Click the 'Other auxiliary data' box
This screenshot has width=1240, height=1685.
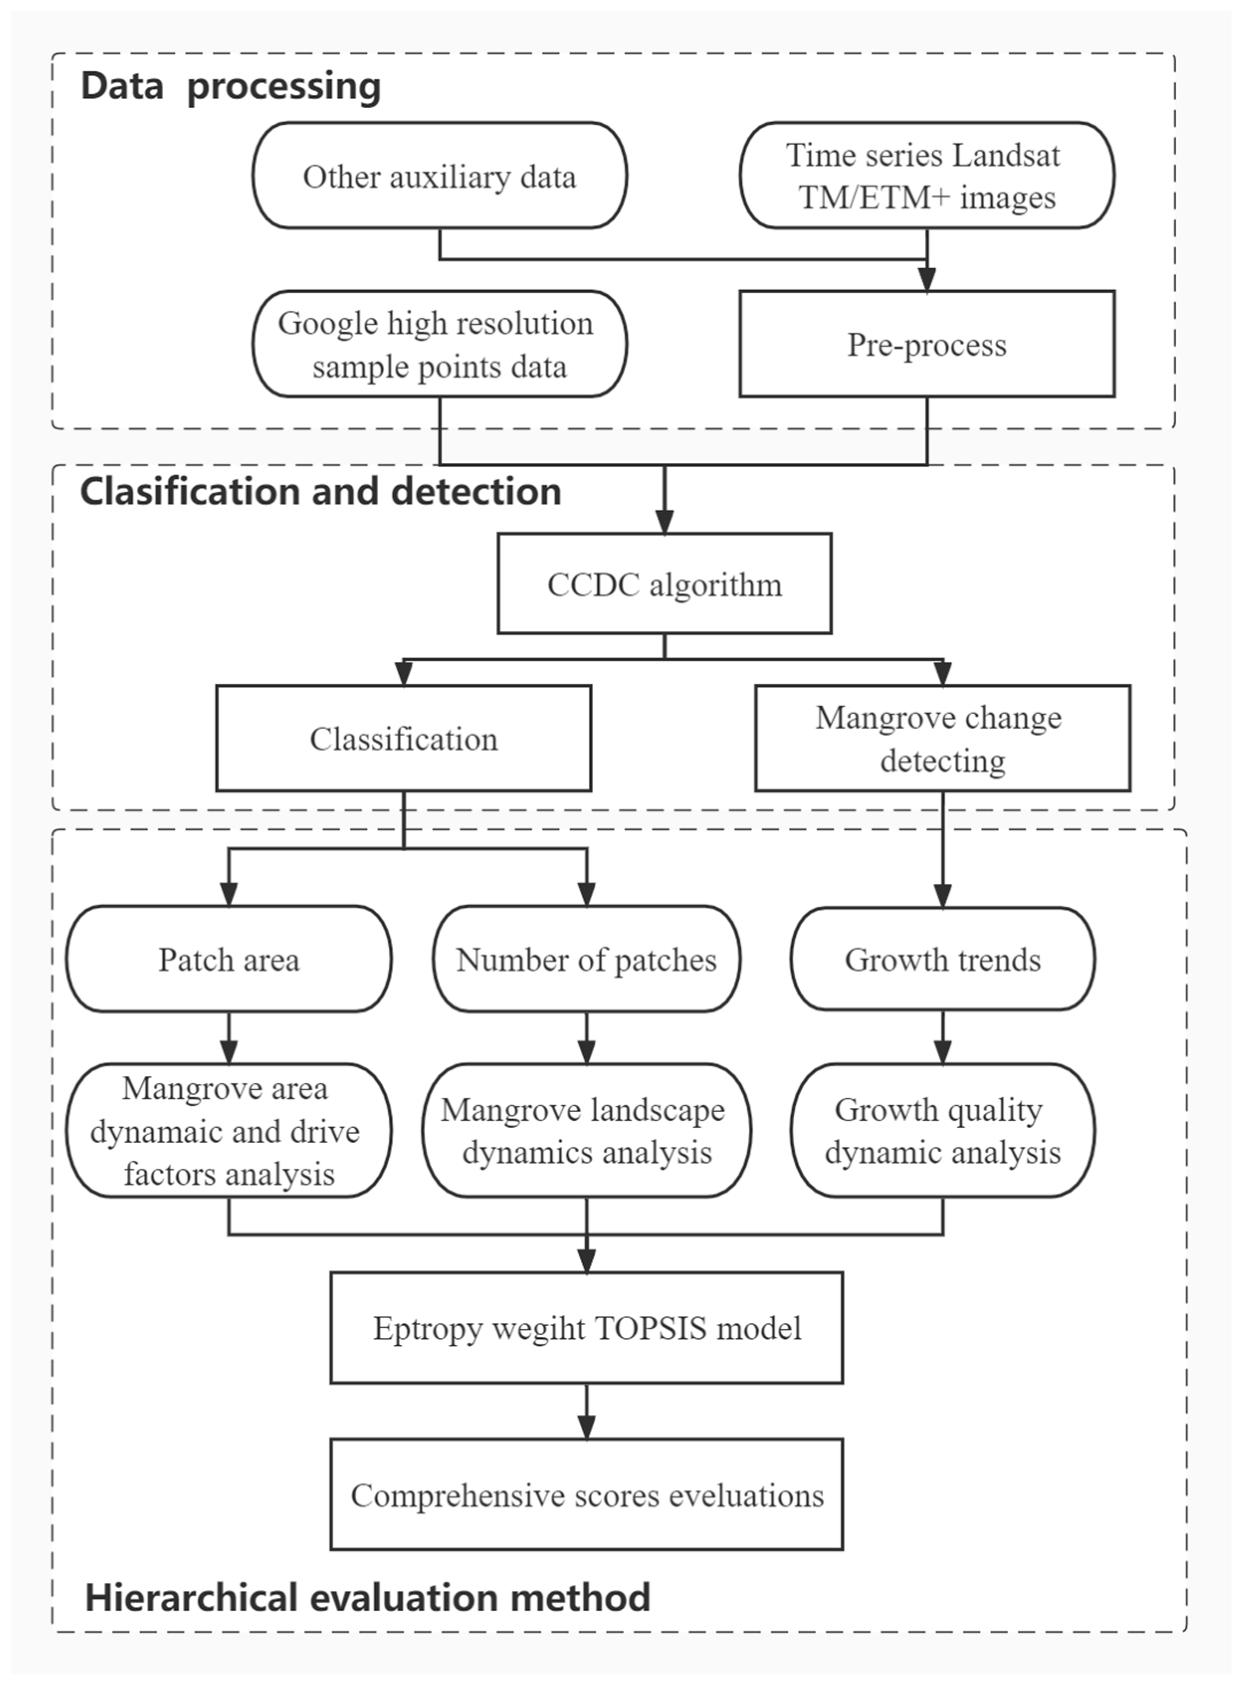tap(439, 176)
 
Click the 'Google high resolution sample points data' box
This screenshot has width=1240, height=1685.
tap(439, 344)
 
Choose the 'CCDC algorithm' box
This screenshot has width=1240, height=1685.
tap(664, 584)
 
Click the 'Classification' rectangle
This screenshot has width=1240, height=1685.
tap(404, 738)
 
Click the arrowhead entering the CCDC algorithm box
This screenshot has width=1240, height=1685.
tap(664, 522)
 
